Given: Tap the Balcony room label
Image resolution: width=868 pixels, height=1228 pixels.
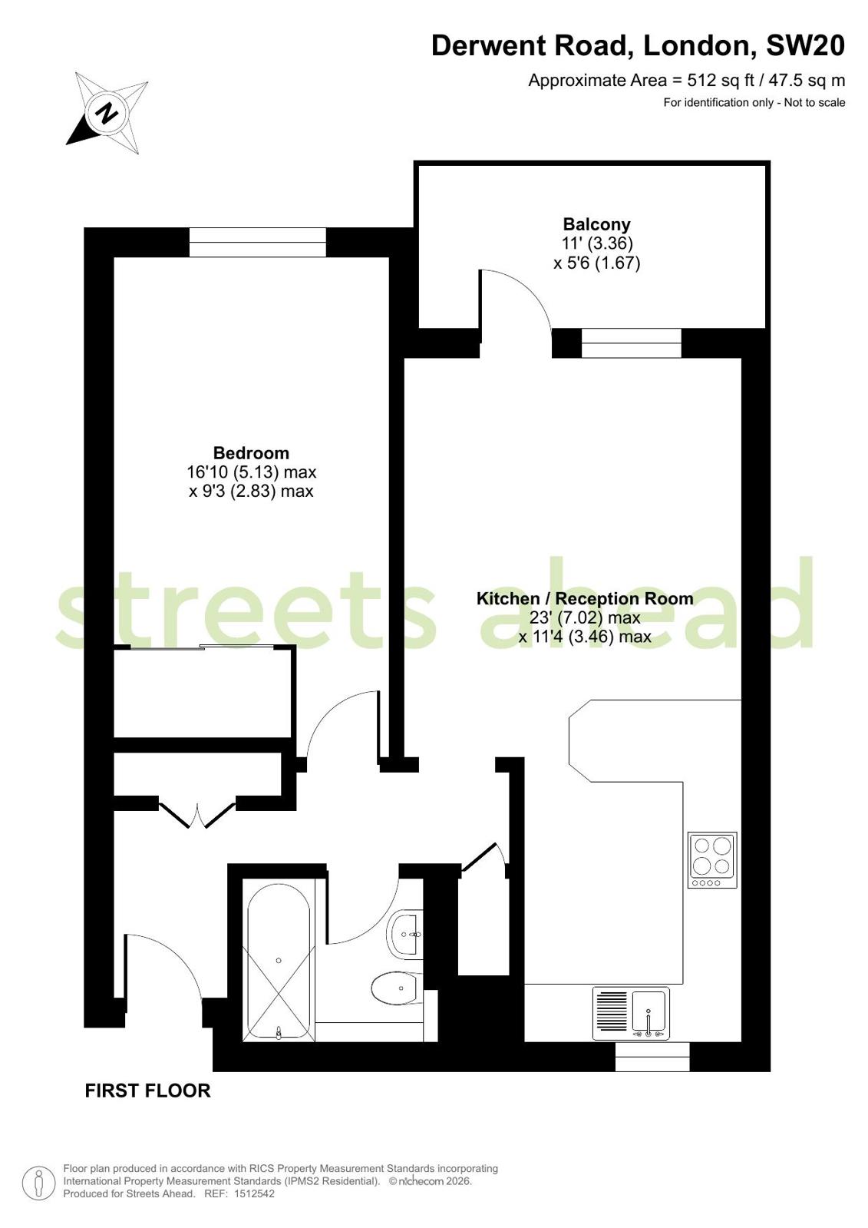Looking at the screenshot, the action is (596, 224).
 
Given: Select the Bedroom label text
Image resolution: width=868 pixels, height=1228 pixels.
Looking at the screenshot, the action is (251, 453).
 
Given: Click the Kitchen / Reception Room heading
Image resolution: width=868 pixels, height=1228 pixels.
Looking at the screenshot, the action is (585, 598).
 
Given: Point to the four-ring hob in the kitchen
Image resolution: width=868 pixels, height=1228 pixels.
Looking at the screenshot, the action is (712, 860).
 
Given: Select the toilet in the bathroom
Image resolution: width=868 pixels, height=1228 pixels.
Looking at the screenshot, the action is (396, 988).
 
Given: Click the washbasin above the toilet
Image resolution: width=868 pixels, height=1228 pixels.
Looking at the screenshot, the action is (404, 935).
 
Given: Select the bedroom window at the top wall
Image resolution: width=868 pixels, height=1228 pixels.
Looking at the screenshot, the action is (258, 242).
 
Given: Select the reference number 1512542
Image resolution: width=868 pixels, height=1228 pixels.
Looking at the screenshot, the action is (254, 1193).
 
